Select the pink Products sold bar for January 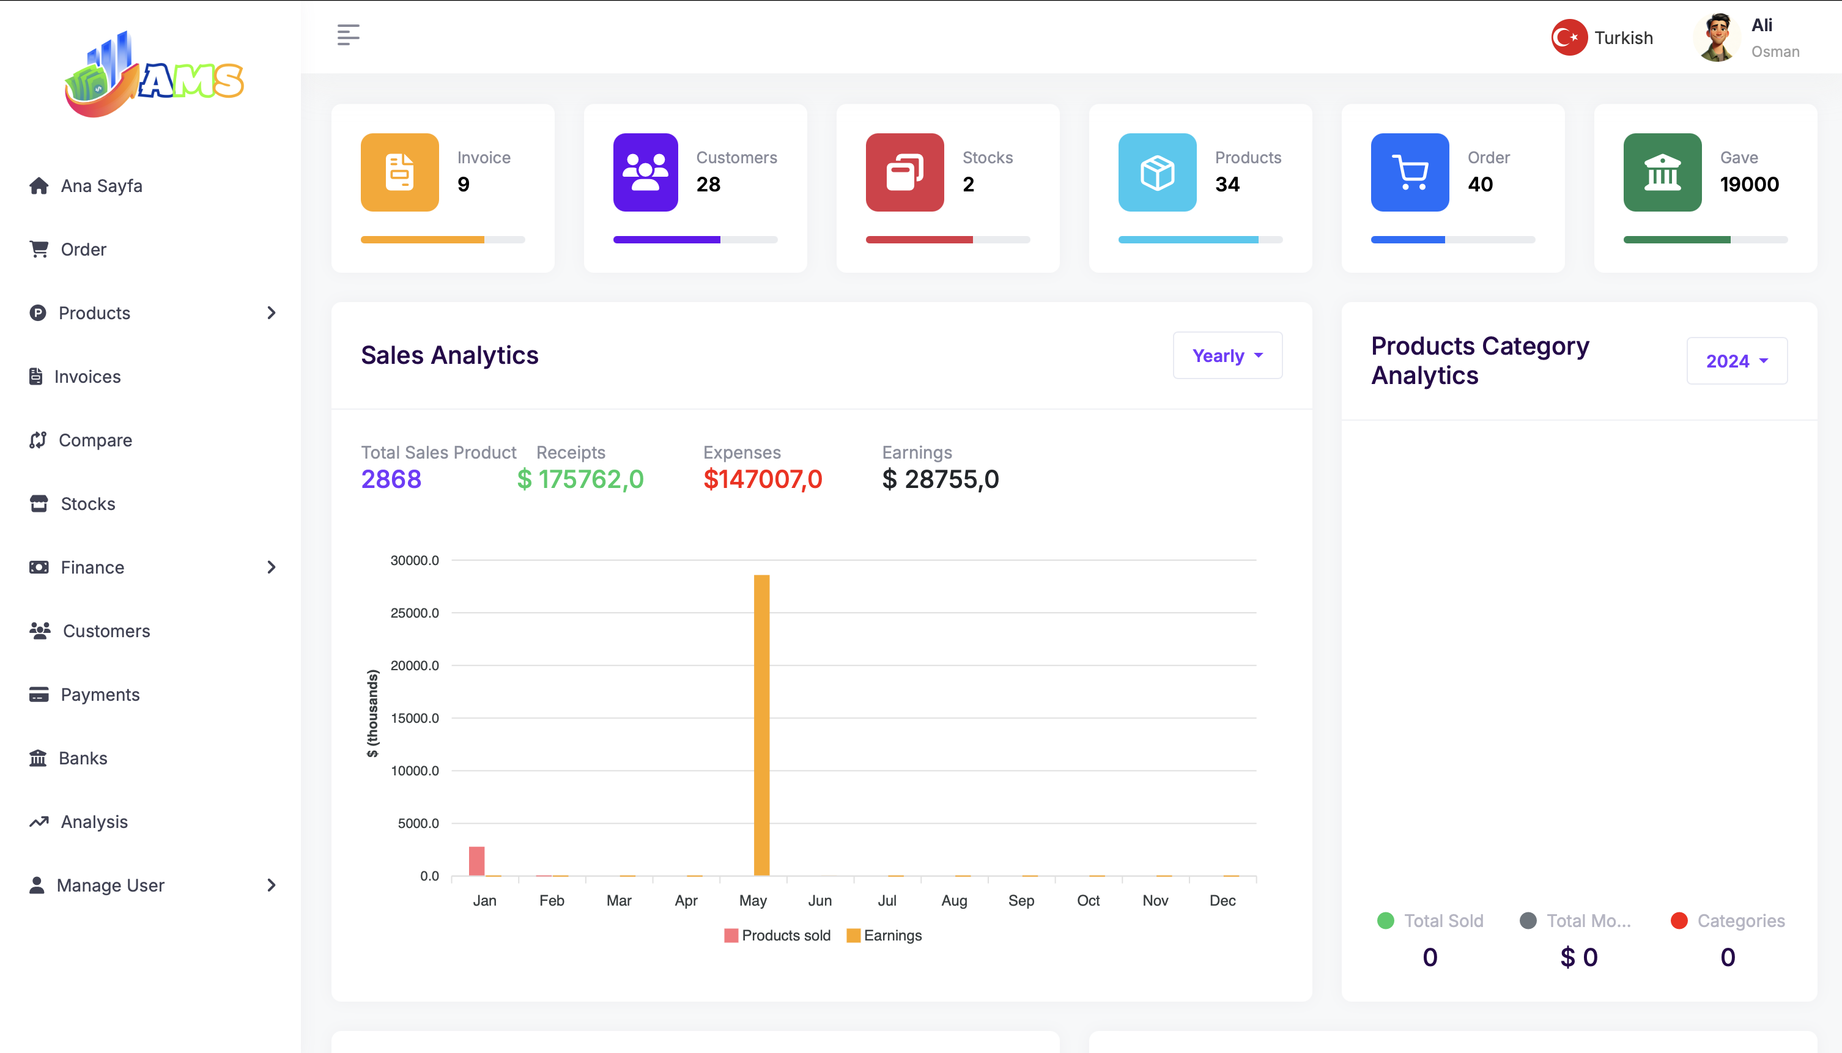(x=476, y=860)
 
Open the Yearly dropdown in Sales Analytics (x=1227, y=356)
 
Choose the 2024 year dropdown (x=1736, y=361)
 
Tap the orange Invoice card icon (x=400, y=172)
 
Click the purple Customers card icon (x=645, y=172)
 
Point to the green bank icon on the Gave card (x=1662, y=172)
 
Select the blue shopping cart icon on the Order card (x=1410, y=172)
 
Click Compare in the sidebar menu (x=95, y=440)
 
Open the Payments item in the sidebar (x=100, y=695)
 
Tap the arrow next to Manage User (x=271, y=885)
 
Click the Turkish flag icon (x=1569, y=38)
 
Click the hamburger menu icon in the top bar (x=348, y=35)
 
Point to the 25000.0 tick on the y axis (x=415, y=613)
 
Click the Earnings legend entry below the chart (x=884, y=936)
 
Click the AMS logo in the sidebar (x=154, y=75)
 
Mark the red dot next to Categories (x=1679, y=921)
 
